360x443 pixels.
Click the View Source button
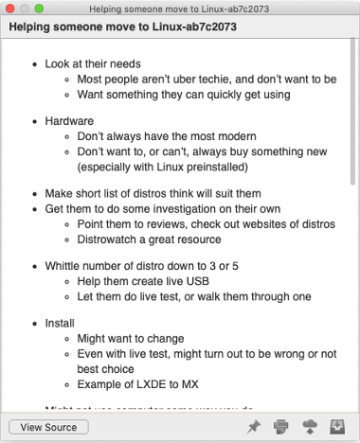coord(48,427)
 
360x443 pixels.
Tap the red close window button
coord(11,9)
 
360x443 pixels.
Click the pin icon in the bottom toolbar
coord(253,427)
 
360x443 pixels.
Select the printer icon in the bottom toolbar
coord(280,427)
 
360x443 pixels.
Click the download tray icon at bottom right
coord(336,427)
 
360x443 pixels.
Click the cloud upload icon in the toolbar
coord(308,427)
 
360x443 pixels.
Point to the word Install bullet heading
coord(61,323)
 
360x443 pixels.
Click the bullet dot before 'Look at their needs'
coord(33,64)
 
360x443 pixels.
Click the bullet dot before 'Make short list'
coord(33,193)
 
